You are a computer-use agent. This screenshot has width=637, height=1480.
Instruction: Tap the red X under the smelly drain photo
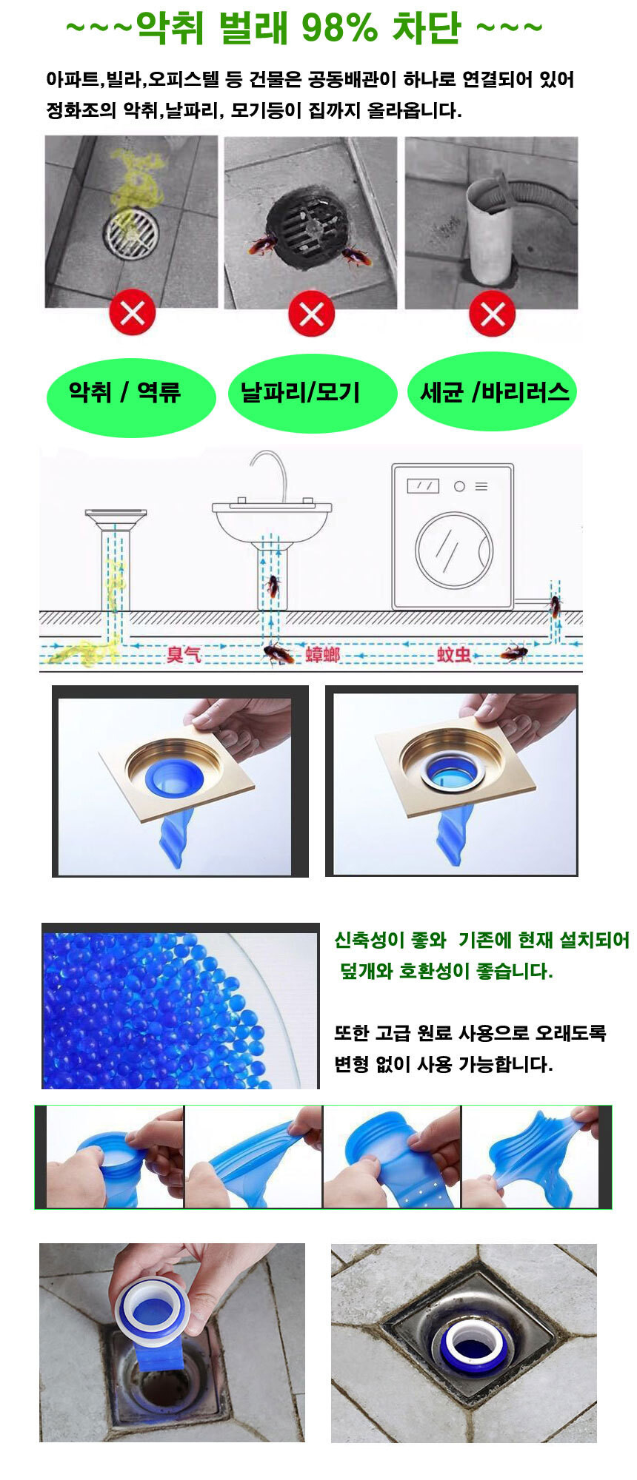132,313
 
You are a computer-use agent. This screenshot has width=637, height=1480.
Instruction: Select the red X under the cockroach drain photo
311,313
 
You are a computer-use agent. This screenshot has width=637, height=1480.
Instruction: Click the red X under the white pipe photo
493,313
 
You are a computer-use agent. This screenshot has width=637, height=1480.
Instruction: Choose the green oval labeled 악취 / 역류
130,397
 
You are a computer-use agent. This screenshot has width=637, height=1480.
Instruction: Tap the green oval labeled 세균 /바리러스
493,391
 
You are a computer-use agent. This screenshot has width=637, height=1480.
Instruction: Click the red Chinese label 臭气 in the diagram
183,654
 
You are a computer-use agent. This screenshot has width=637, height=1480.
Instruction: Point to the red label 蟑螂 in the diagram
322,654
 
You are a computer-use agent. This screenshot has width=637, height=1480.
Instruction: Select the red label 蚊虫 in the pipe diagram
453,654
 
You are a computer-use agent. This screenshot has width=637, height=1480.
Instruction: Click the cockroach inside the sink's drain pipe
273,586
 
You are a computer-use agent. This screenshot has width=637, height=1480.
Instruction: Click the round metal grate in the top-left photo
131,234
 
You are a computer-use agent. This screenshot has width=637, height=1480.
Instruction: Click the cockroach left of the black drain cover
263,244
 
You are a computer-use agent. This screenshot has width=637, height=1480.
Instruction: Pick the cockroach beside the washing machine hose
554,607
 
